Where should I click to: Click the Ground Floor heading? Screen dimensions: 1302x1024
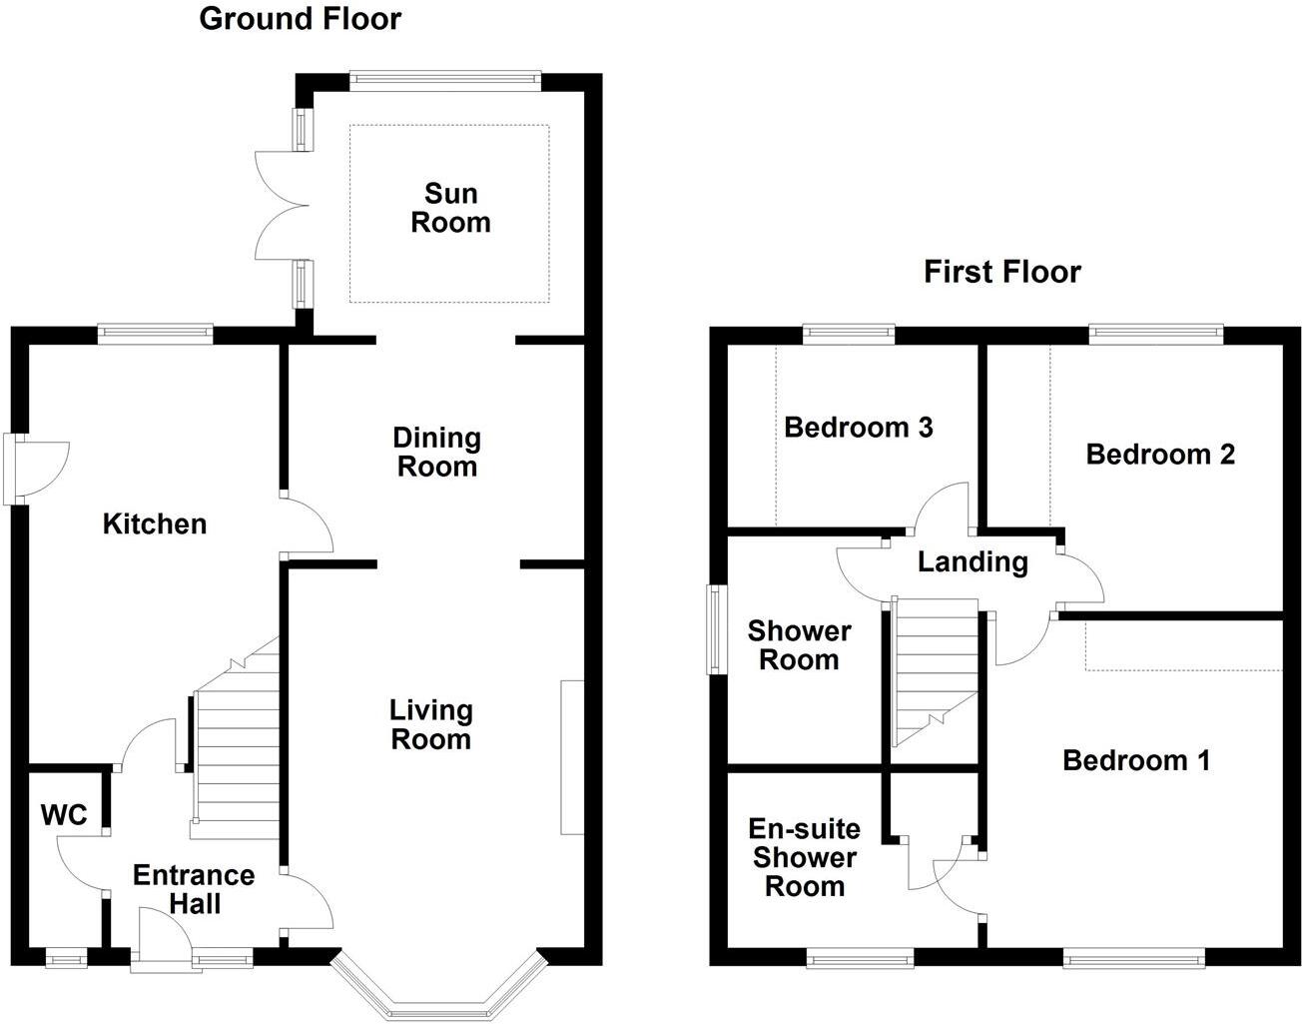click(300, 18)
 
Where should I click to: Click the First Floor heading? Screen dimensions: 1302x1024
click(1001, 272)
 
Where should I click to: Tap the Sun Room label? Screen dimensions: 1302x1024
click(450, 208)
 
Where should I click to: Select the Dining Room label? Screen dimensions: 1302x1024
click(436, 452)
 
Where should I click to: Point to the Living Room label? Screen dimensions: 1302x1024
click(430, 724)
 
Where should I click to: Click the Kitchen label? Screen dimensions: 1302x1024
click(155, 523)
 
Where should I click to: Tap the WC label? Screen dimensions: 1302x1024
click(64, 815)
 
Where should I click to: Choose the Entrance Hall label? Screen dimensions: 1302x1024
click(194, 889)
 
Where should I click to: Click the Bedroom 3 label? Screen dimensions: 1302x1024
click(858, 428)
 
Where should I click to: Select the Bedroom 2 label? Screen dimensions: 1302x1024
click(1160, 455)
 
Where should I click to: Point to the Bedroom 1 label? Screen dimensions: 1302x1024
click(1136, 760)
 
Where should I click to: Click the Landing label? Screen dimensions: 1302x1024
click(973, 561)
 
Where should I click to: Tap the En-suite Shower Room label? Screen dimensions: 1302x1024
click(804, 857)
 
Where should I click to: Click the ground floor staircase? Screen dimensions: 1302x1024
click(236, 749)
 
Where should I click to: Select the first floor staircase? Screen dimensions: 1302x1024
click(934, 671)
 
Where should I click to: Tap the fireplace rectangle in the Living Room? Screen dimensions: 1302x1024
click(572, 756)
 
